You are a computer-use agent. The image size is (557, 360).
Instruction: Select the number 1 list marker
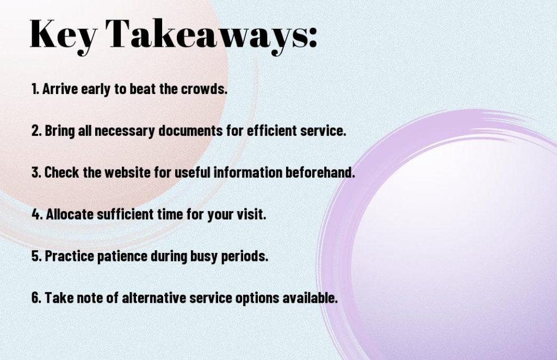tap(34, 89)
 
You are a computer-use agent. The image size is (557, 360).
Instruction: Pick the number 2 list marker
tap(36, 131)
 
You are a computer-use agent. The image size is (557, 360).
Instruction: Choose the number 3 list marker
tap(36, 172)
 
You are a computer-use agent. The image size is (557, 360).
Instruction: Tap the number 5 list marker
tap(36, 256)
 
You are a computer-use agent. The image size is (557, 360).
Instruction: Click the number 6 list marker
tap(36, 298)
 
